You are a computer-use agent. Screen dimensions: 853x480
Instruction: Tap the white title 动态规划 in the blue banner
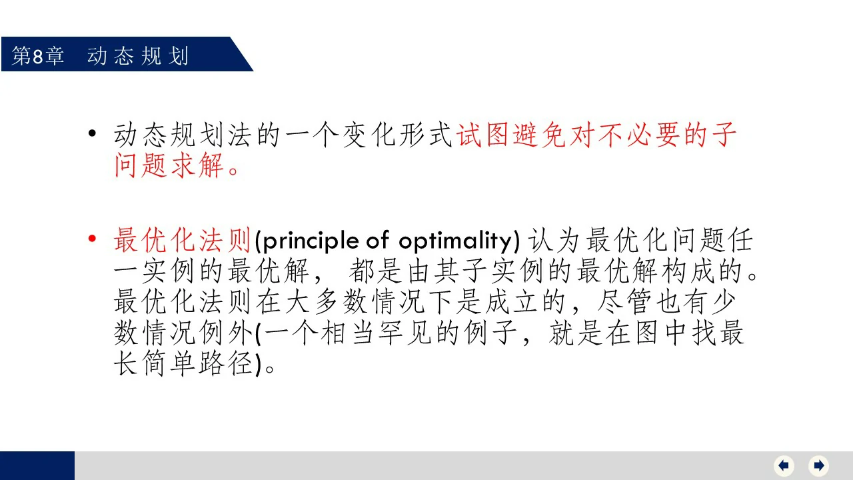(138, 57)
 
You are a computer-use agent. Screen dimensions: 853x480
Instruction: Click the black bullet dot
(92, 133)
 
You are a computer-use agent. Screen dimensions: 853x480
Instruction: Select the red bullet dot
(92, 239)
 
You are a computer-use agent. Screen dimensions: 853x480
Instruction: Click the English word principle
(311, 241)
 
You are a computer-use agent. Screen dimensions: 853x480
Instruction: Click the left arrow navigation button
(784, 465)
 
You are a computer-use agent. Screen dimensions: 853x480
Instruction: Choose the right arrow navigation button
(819, 465)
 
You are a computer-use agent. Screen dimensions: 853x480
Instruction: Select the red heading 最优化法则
(182, 240)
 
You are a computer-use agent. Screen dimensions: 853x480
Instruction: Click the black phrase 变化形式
(397, 135)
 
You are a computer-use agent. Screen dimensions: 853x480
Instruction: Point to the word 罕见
(405, 333)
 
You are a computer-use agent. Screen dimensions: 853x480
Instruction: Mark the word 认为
(554, 240)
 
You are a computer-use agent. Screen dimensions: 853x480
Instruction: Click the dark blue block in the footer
(37, 465)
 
